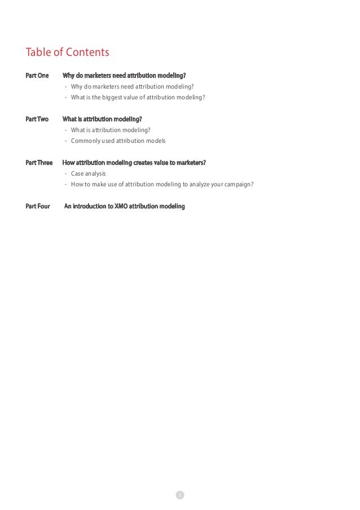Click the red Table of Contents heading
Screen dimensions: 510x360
tap(67, 53)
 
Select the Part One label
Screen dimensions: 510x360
tap(37, 76)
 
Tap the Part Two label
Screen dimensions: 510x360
tap(37, 119)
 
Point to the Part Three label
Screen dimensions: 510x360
tap(39, 163)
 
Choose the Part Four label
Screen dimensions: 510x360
tap(38, 206)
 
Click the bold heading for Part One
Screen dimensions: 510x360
tap(124, 76)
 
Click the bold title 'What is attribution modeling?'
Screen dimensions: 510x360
tap(102, 119)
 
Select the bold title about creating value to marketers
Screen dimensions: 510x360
tap(134, 163)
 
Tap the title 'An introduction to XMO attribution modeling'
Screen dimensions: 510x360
tap(125, 206)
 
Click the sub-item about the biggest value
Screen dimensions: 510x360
tap(138, 97)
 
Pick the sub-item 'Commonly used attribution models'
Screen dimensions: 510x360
tap(118, 141)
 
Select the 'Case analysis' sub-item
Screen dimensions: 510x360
tap(88, 173)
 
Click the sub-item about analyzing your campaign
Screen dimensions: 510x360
tap(162, 184)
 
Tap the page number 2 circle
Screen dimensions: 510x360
tap(180, 495)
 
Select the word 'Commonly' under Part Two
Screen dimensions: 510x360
tap(85, 141)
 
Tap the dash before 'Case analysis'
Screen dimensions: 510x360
tap(66, 173)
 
